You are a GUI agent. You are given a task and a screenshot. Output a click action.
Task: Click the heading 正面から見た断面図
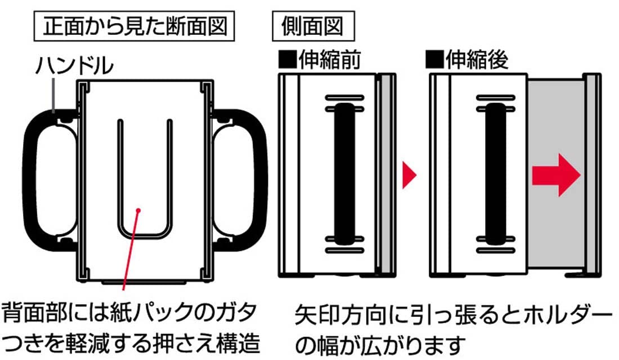click(x=134, y=26)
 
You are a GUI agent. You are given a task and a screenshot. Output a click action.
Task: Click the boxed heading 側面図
click(x=313, y=26)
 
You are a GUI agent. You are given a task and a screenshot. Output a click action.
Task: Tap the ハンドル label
click(x=75, y=65)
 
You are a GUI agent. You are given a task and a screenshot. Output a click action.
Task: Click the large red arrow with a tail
click(x=556, y=175)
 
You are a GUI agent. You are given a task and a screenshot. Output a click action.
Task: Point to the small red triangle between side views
click(x=409, y=174)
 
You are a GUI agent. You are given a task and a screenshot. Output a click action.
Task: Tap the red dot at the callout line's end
click(x=138, y=210)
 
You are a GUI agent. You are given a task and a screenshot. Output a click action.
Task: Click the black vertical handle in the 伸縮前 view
click(x=344, y=174)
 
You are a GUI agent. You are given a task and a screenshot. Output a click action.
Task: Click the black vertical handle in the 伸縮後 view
click(x=495, y=174)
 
